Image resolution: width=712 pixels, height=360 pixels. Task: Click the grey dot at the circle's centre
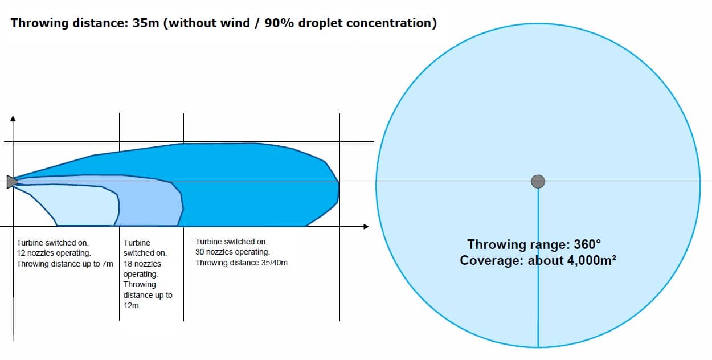point(538,182)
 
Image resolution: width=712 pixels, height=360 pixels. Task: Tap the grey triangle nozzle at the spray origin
point(11,182)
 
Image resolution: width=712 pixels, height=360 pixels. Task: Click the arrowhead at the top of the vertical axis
point(13,118)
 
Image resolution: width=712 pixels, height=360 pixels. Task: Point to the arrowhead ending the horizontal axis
point(366,227)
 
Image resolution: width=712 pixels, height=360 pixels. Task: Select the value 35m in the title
point(145,23)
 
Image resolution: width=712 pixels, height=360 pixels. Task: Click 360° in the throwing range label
point(587,244)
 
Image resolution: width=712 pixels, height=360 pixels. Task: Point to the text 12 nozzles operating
point(54,253)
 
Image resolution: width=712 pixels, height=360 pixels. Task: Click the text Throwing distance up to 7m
point(65,264)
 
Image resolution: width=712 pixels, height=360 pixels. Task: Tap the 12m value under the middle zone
point(131,305)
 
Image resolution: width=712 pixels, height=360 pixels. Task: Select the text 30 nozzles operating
point(232,252)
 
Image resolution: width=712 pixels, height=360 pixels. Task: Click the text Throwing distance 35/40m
point(242,263)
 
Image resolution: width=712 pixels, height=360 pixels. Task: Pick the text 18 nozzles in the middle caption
point(142,264)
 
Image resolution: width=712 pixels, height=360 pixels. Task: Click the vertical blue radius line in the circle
point(538,268)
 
